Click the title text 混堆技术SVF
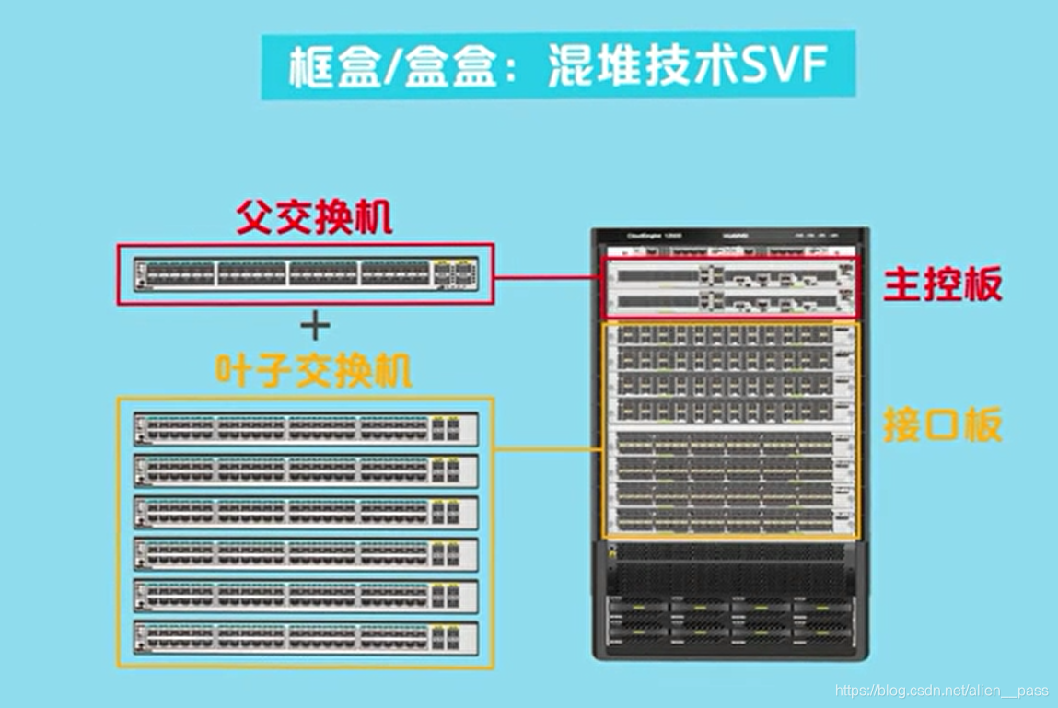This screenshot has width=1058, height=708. [687, 67]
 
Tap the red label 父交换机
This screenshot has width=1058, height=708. [314, 219]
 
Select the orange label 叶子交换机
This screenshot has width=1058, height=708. [313, 371]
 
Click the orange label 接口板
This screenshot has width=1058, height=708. [942, 426]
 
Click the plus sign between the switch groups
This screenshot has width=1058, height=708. [315, 325]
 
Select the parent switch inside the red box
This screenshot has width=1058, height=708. [306, 273]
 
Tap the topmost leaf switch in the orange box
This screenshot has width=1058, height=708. [306, 429]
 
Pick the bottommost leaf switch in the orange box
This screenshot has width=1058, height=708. [306, 637]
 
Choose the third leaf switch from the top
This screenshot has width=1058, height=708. [306, 512]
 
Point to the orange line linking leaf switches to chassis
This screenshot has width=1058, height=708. [547, 451]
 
